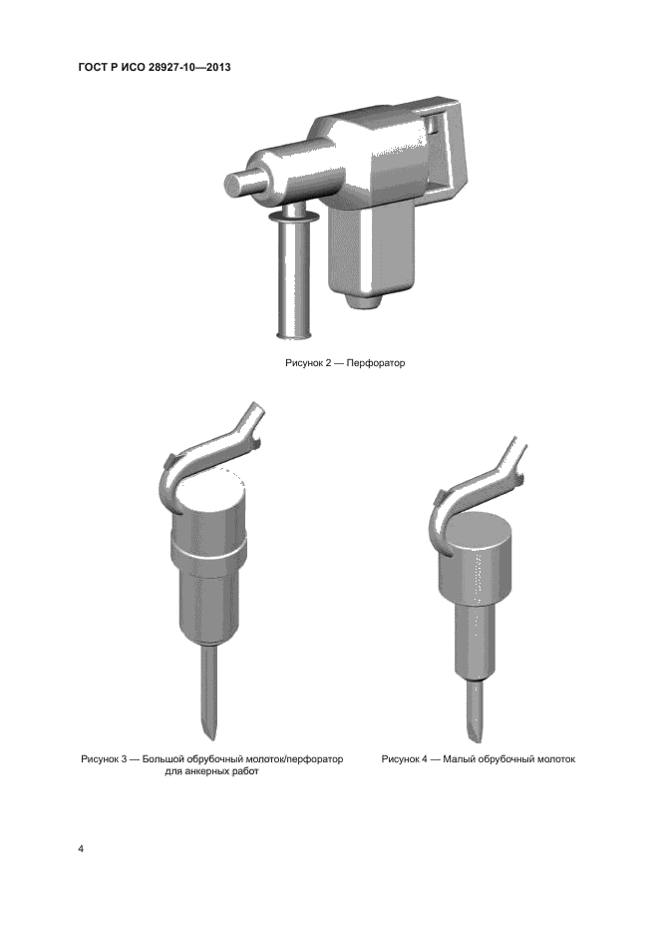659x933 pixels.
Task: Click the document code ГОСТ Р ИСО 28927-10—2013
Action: pyautogui.click(x=155, y=67)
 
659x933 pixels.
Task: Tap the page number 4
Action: pyautogui.click(x=81, y=848)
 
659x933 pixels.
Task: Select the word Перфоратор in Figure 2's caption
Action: pyautogui.click(x=376, y=363)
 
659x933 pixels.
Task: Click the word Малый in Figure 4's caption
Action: pyautogui.click(x=459, y=759)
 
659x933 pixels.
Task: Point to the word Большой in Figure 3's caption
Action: pyautogui.click(x=163, y=759)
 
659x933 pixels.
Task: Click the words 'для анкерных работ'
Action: pyautogui.click(x=212, y=771)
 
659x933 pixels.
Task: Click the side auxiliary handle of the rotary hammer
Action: pyautogui.click(x=295, y=273)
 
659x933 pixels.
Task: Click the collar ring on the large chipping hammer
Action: pyautogui.click(x=208, y=549)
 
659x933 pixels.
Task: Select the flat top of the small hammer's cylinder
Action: pyautogui.click(x=478, y=530)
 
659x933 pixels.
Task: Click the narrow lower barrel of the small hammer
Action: pyautogui.click(x=475, y=640)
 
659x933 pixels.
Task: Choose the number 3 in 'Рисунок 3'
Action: pyautogui.click(x=124, y=759)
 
